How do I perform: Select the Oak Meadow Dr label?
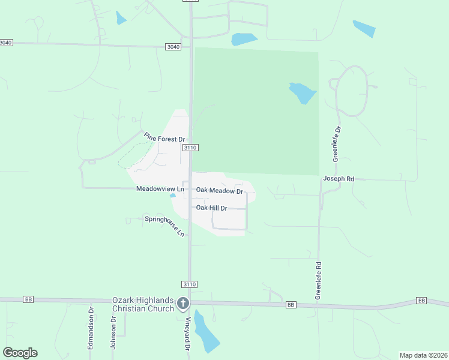pos(219,191)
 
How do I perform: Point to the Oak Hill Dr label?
pos(212,208)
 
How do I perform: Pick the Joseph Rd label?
pos(339,179)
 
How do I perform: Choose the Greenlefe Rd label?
pos(319,280)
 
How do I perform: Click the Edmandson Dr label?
pos(91,328)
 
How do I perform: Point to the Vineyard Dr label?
pos(188,334)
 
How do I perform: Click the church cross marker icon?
pos(184,304)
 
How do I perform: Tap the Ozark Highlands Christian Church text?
pos(143,304)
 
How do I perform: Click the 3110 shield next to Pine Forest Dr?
pos(191,148)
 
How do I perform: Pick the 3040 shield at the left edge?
pos(6,43)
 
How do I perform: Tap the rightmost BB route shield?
pos(421,300)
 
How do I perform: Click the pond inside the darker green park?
pos(302,92)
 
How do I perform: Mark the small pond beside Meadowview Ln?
pos(173,195)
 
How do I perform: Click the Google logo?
pos(20,353)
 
